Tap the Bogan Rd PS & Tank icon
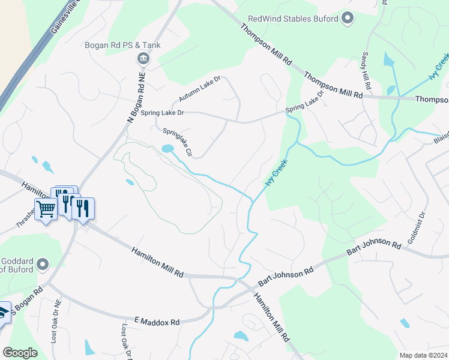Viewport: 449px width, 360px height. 144,58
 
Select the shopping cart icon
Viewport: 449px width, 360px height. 46,209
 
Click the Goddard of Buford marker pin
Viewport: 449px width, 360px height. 42,264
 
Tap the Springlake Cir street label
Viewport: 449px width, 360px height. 176,142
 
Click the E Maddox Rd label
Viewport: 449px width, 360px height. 157,322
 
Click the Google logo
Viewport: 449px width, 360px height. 20,353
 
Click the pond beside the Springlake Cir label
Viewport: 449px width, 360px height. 168,148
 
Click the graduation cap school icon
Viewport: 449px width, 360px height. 4,313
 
